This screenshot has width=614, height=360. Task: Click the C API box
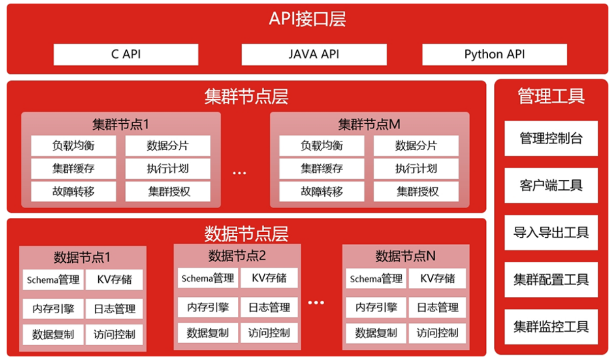click(126, 54)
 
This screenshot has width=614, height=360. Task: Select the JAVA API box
click(314, 54)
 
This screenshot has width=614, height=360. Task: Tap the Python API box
click(494, 54)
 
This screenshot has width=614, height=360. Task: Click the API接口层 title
click(307, 19)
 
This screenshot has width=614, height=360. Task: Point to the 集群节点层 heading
click(246, 96)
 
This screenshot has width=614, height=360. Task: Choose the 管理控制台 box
click(551, 138)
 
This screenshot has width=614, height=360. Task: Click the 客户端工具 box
click(551, 185)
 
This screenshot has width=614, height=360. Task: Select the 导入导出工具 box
click(551, 233)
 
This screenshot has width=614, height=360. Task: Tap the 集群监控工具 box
click(551, 326)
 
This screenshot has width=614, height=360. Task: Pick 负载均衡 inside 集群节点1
click(73, 146)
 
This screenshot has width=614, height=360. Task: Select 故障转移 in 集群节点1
click(73, 191)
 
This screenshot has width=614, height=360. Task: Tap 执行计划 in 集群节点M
click(416, 169)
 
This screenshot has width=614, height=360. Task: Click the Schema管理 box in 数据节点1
click(53, 280)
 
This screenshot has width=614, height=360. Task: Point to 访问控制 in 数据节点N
click(437, 333)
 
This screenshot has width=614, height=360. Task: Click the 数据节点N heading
click(405, 256)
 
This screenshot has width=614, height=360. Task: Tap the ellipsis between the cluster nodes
click(239, 173)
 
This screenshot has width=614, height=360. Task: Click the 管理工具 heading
click(551, 96)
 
